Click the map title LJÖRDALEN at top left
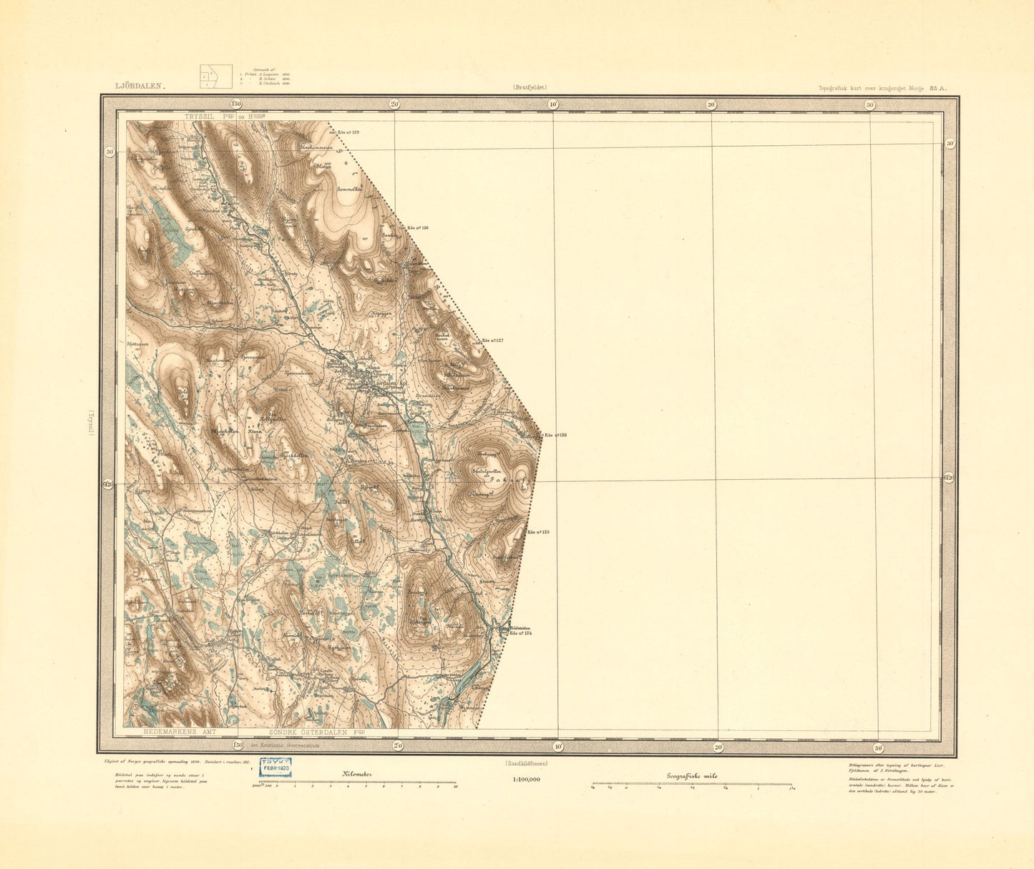pos(140,86)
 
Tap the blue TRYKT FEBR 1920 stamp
pos(275,767)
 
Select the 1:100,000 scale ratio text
pos(526,780)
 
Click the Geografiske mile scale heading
pos(692,776)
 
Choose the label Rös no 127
pos(492,340)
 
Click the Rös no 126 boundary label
pos(555,435)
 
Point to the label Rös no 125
pos(537,532)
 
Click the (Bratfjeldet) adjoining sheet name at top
pos(530,87)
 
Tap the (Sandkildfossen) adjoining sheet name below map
pos(526,763)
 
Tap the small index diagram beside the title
pos(215,76)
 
